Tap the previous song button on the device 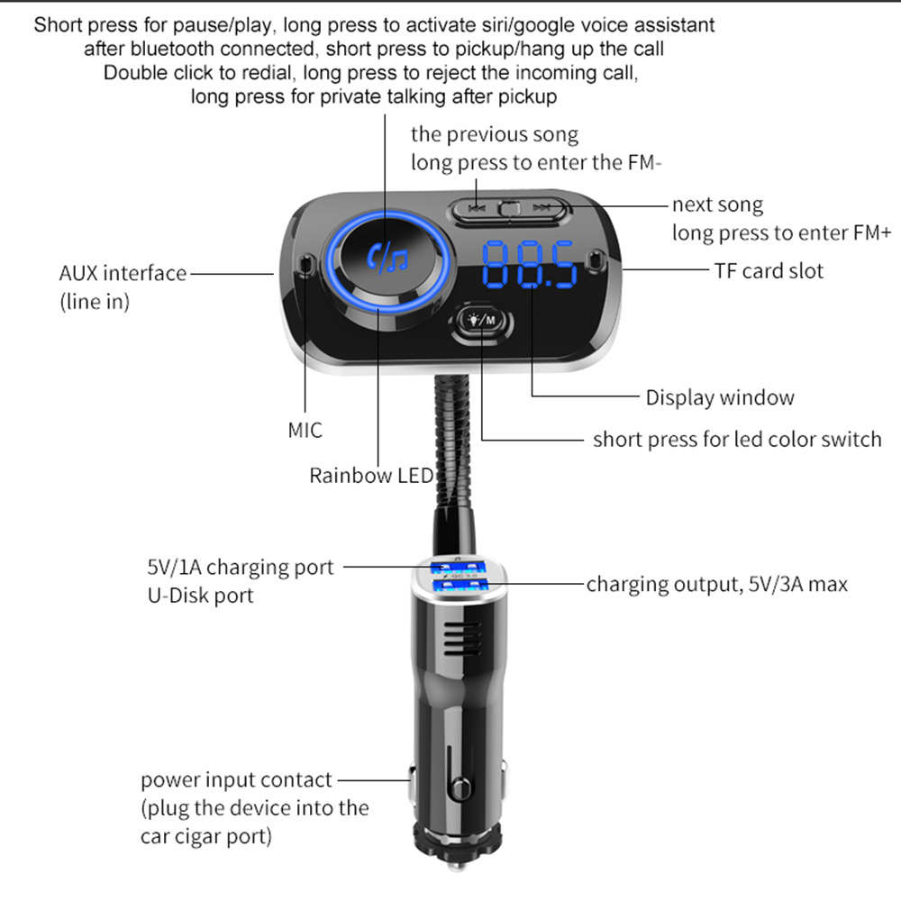478,209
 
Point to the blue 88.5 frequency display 530,263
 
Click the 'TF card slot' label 769,270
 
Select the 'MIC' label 305,430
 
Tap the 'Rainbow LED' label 371,476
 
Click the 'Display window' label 720,397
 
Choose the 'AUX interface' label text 123,273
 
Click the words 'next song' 717,205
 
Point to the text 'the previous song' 495,135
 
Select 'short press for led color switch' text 737,440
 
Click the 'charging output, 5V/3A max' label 717,585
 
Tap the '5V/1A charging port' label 240,568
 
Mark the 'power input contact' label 236,780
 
